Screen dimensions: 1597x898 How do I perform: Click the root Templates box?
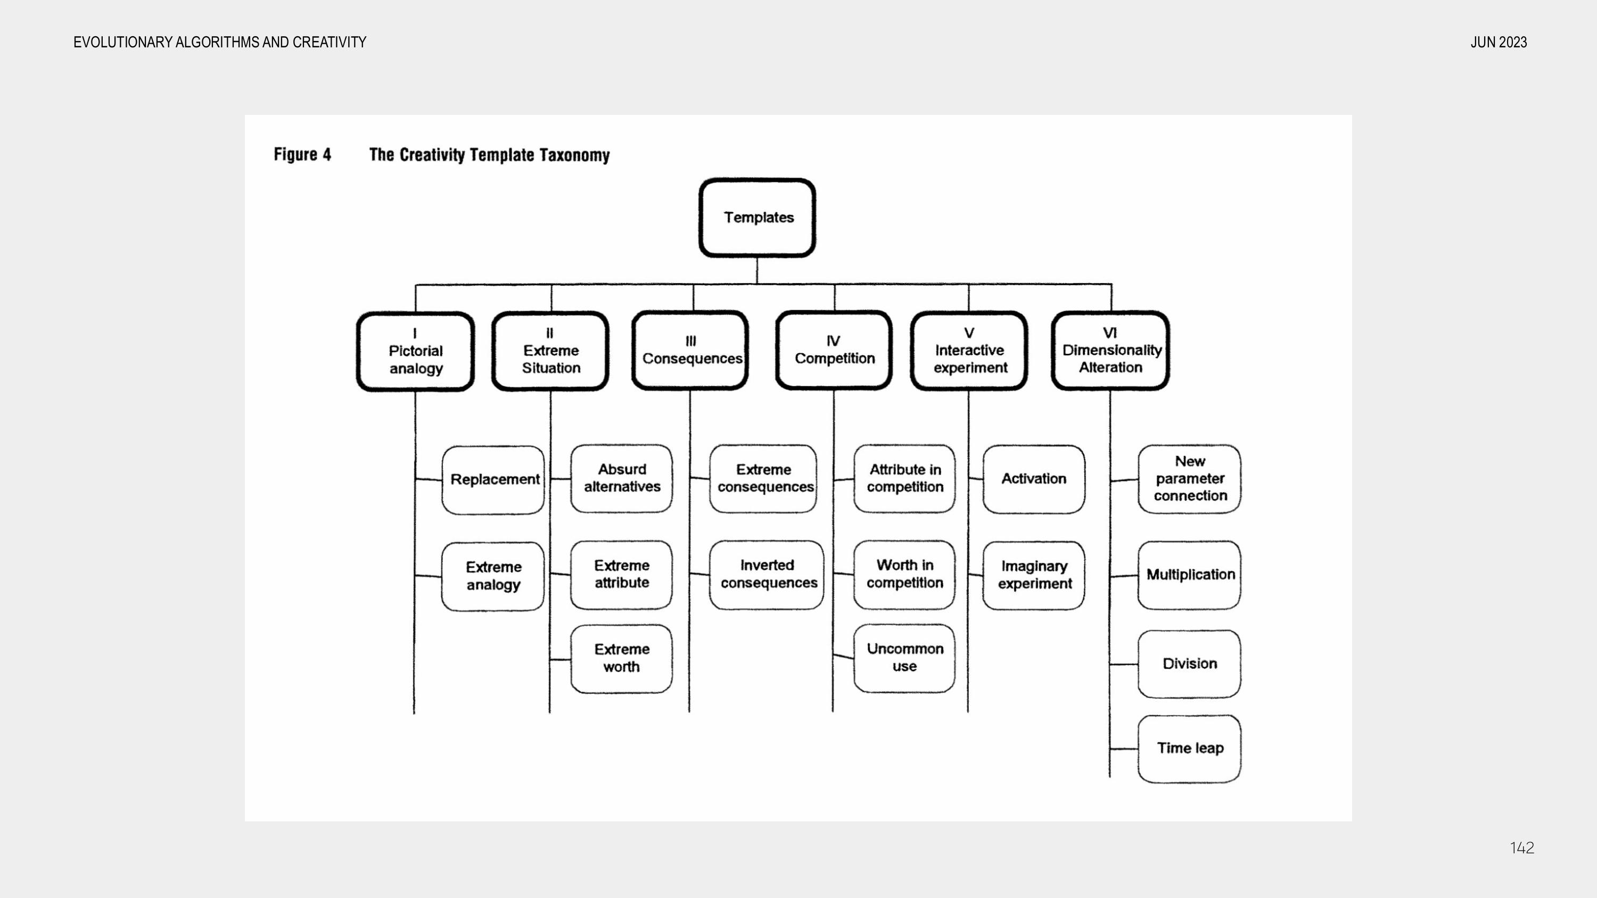tap(757, 218)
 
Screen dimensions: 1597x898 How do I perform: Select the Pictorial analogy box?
tap(415, 352)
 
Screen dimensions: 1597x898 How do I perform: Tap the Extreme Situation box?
tap(550, 351)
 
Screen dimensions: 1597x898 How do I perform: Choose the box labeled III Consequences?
tap(690, 350)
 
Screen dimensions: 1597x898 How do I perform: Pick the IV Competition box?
tap(834, 350)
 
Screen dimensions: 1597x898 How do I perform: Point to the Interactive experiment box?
tap(969, 351)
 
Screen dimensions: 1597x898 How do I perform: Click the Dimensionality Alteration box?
tap(1110, 351)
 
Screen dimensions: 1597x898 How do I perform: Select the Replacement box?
tap(493, 480)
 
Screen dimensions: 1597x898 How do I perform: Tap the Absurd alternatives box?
tap(621, 478)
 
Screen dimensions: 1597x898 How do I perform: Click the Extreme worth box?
tap(621, 659)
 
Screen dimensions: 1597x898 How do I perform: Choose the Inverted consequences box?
tap(767, 575)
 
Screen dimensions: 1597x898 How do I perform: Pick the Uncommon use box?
tap(904, 658)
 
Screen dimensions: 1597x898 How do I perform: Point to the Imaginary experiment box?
tap(1034, 575)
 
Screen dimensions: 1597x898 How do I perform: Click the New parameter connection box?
tap(1190, 479)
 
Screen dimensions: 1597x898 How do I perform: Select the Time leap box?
tap(1190, 749)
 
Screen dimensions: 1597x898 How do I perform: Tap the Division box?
tap(1190, 664)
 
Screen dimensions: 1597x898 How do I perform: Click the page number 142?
tap(1522, 848)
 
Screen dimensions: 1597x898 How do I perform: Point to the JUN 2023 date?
tap(1499, 42)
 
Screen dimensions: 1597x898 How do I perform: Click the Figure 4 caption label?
tap(302, 154)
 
